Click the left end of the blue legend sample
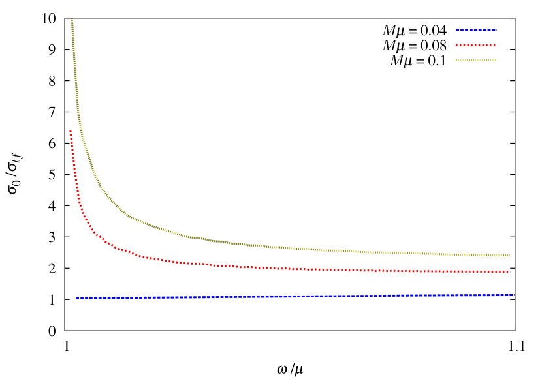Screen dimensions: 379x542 tap(456, 29)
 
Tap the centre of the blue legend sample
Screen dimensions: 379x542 tap(477, 29)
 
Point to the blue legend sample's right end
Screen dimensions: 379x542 tap(497, 29)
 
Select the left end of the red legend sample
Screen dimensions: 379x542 tap(456, 45)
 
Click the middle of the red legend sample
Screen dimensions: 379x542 tap(476, 45)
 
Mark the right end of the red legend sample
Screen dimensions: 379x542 tap(496, 45)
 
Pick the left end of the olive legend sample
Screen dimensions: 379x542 tap(456, 60)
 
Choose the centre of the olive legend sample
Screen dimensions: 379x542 tap(476, 60)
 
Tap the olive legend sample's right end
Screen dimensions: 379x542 tap(496, 60)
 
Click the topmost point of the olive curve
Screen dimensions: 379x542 tap(72, 20)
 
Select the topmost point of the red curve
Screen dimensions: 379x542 tap(71, 131)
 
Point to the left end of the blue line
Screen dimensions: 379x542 tap(76, 298)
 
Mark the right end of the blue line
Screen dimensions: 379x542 tap(514, 295)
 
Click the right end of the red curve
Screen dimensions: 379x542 tap(510, 272)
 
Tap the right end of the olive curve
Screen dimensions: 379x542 tap(510, 256)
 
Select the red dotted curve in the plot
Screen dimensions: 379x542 tap(196, 264)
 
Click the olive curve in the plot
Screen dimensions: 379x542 tap(196, 237)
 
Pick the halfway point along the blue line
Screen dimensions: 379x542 tap(295, 297)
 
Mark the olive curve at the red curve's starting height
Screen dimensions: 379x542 tap(81, 131)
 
